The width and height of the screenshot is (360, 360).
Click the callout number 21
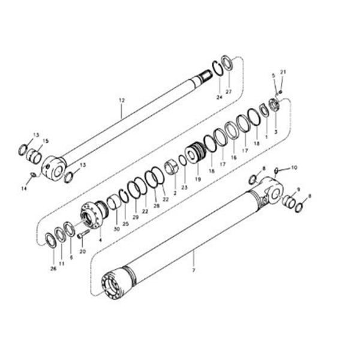click(284, 72)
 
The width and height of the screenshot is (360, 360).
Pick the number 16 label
click(234, 157)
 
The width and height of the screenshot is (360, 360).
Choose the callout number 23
click(184, 187)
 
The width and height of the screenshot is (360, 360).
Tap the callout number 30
click(116, 228)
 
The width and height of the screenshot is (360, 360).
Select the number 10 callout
click(294, 167)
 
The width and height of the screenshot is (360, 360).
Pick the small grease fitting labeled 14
click(34, 175)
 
